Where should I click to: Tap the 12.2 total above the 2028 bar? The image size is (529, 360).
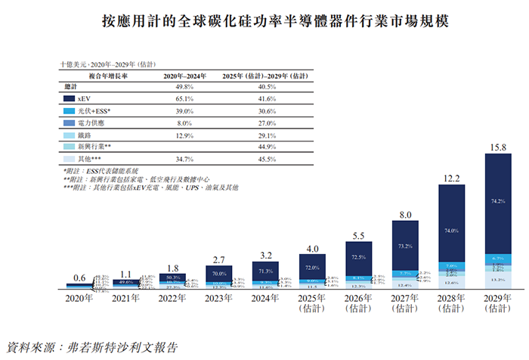point(451,178)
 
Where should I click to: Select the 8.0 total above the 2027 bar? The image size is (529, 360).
point(405,215)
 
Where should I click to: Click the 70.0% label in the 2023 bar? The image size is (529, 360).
point(220,272)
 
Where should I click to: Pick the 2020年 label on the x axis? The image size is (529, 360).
point(80,299)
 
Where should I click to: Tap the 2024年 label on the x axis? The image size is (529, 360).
point(265,299)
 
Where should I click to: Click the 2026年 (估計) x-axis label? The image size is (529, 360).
point(359,304)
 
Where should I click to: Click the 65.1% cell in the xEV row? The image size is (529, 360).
point(175,98)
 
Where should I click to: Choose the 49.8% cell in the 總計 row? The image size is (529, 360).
point(175,87)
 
